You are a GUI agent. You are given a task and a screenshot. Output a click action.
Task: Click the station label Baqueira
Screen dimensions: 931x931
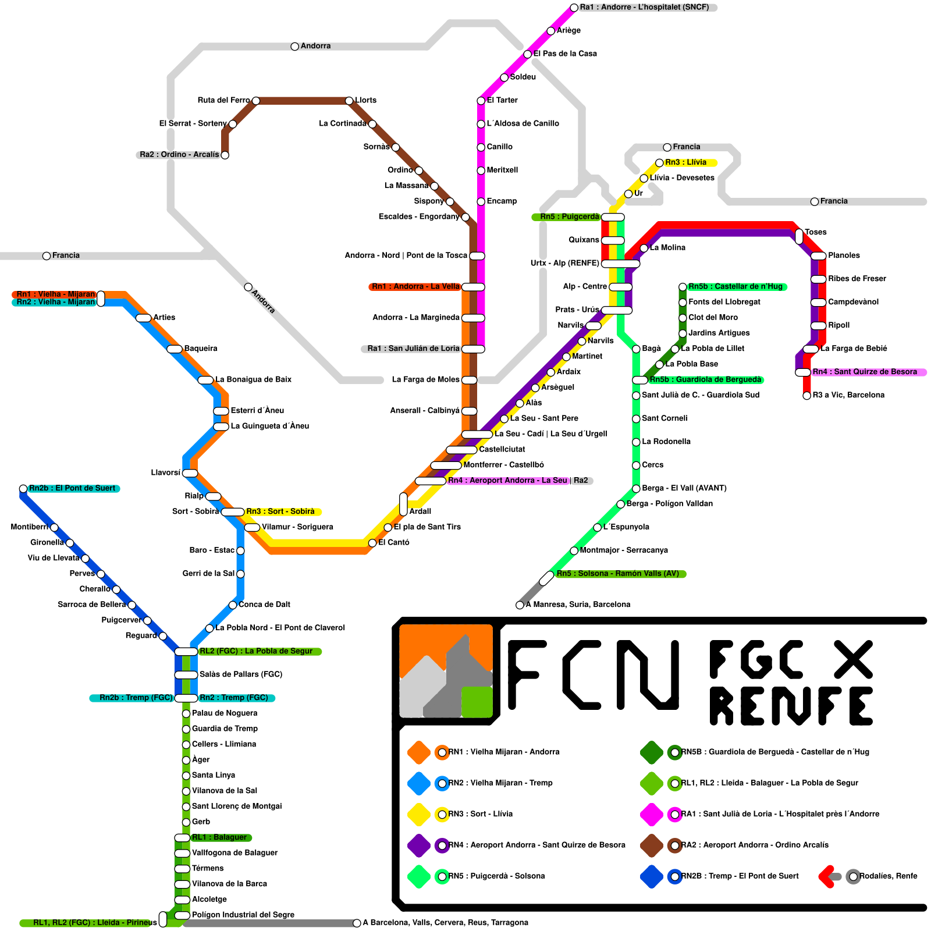200,349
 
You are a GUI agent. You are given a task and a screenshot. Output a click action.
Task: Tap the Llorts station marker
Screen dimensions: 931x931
349,101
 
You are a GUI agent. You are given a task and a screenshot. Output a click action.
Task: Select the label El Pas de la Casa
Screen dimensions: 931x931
565,54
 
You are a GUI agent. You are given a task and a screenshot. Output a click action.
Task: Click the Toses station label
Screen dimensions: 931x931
816,232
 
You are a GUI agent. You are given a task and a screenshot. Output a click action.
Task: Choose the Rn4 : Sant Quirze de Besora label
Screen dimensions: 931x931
865,372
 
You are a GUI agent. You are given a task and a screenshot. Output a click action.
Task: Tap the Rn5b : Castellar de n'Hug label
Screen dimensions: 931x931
735,286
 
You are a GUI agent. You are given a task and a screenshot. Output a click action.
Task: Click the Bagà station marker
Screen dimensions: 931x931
636,349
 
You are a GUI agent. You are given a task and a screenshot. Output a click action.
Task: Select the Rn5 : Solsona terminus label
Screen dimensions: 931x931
617,574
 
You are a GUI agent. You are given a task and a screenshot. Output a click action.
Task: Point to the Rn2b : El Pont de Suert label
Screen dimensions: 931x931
72,488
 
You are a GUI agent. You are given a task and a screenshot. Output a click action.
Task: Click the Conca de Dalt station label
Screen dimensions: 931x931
264,605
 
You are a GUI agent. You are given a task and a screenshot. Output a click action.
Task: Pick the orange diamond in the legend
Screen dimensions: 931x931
419,752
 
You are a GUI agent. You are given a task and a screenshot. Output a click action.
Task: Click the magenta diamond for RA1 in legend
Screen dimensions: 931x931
652,814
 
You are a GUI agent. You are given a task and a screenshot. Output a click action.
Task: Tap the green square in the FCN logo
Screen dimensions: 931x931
477,702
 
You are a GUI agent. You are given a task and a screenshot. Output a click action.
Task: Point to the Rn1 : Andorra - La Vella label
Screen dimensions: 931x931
415,286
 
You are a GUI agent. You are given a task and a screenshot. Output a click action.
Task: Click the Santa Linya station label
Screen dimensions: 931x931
213,775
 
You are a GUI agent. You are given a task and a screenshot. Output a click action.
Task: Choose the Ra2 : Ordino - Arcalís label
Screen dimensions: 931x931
179,155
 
